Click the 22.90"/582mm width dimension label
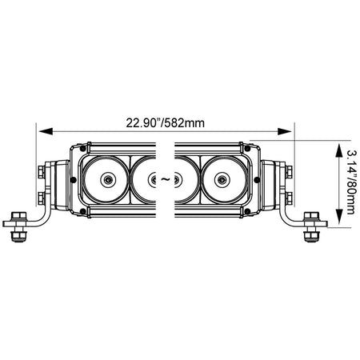pyautogui.click(x=166, y=123)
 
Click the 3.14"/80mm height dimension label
pyautogui.click(x=351, y=182)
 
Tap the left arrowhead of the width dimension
pyautogui.click(x=46, y=131)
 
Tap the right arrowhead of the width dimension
pyautogui.click(x=284, y=131)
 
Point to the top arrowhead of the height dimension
pyautogui.click(x=338, y=150)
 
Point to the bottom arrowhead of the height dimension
pyautogui.click(x=338, y=217)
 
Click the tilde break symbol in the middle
pyautogui.click(x=166, y=179)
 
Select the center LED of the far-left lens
pyautogui.click(x=108, y=180)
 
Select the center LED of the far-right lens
pyautogui.click(x=222, y=180)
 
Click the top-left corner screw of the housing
pyautogui.click(x=83, y=149)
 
